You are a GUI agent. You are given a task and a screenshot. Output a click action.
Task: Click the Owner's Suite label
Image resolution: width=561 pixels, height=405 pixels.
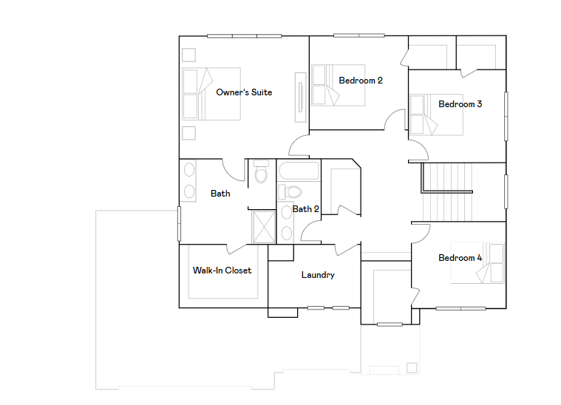[x=244, y=92]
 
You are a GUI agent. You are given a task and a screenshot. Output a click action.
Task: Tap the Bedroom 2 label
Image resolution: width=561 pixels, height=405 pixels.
[x=361, y=80]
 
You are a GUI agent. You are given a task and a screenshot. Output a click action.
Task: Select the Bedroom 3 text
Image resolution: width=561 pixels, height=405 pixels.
[x=460, y=104]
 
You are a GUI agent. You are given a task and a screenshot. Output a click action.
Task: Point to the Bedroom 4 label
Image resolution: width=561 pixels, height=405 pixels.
[x=460, y=258]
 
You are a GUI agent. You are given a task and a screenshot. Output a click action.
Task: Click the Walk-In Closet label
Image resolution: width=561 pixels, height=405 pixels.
[x=222, y=270]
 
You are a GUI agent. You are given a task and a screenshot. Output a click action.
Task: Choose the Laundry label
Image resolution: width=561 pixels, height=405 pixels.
[x=318, y=275]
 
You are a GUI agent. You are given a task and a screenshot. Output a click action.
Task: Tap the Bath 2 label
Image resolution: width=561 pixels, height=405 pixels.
[x=305, y=209]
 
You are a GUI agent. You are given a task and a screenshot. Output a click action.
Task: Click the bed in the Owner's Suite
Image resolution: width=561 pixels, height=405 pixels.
[x=198, y=94]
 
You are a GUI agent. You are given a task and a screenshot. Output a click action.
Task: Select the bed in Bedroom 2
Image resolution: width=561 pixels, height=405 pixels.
[x=330, y=85]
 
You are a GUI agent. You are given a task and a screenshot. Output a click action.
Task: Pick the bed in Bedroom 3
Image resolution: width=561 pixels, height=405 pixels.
[x=436, y=115]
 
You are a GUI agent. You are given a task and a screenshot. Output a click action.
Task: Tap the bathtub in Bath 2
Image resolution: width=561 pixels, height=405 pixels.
[x=299, y=173]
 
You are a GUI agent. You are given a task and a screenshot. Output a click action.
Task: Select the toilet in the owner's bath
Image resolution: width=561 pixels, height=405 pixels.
[x=260, y=174]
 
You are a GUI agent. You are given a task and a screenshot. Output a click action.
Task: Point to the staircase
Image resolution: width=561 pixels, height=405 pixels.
[x=447, y=192]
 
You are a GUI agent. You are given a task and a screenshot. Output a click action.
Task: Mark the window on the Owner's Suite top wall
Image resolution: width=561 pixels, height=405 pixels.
[x=244, y=35]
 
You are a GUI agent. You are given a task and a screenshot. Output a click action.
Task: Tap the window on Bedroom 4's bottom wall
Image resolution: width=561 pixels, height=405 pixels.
[x=460, y=307]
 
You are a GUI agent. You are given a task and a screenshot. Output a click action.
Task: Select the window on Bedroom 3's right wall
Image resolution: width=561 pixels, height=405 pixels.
[x=506, y=115]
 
